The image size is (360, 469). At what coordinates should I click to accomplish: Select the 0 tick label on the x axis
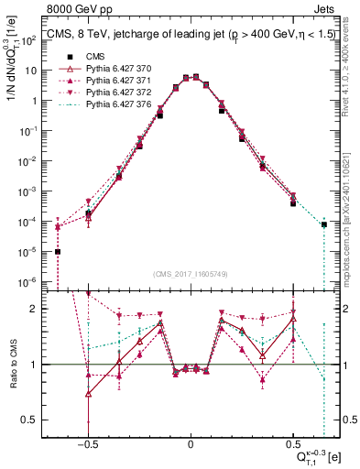pos(191,442)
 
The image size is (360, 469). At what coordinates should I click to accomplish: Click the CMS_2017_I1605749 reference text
pos(190,275)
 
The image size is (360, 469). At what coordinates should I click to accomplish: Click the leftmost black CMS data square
pos(58,252)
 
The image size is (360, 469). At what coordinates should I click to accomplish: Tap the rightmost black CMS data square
pos(323,224)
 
